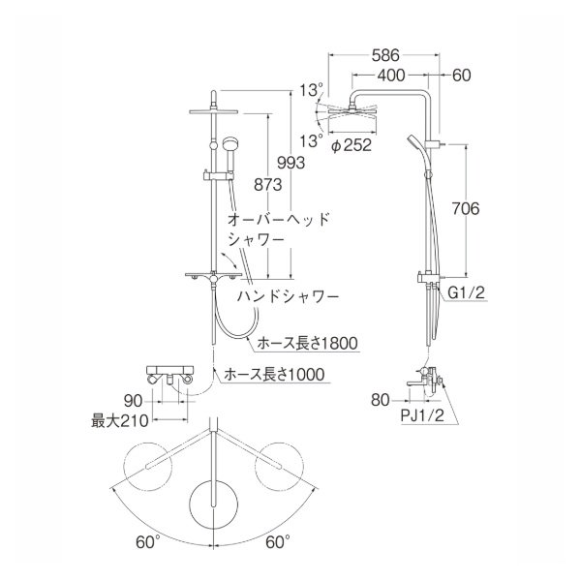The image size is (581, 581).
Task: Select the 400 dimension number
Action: (x=392, y=75)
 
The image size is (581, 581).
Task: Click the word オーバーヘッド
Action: (x=278, y=219)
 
